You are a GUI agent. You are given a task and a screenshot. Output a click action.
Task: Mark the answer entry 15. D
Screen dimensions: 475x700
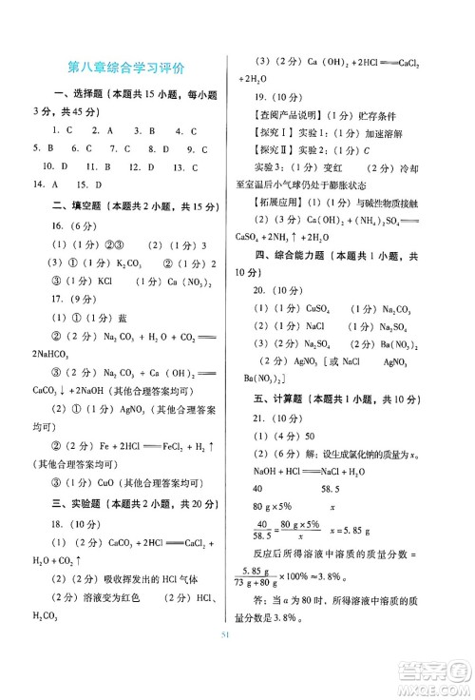pyautogui.click(x=89, y=185)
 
